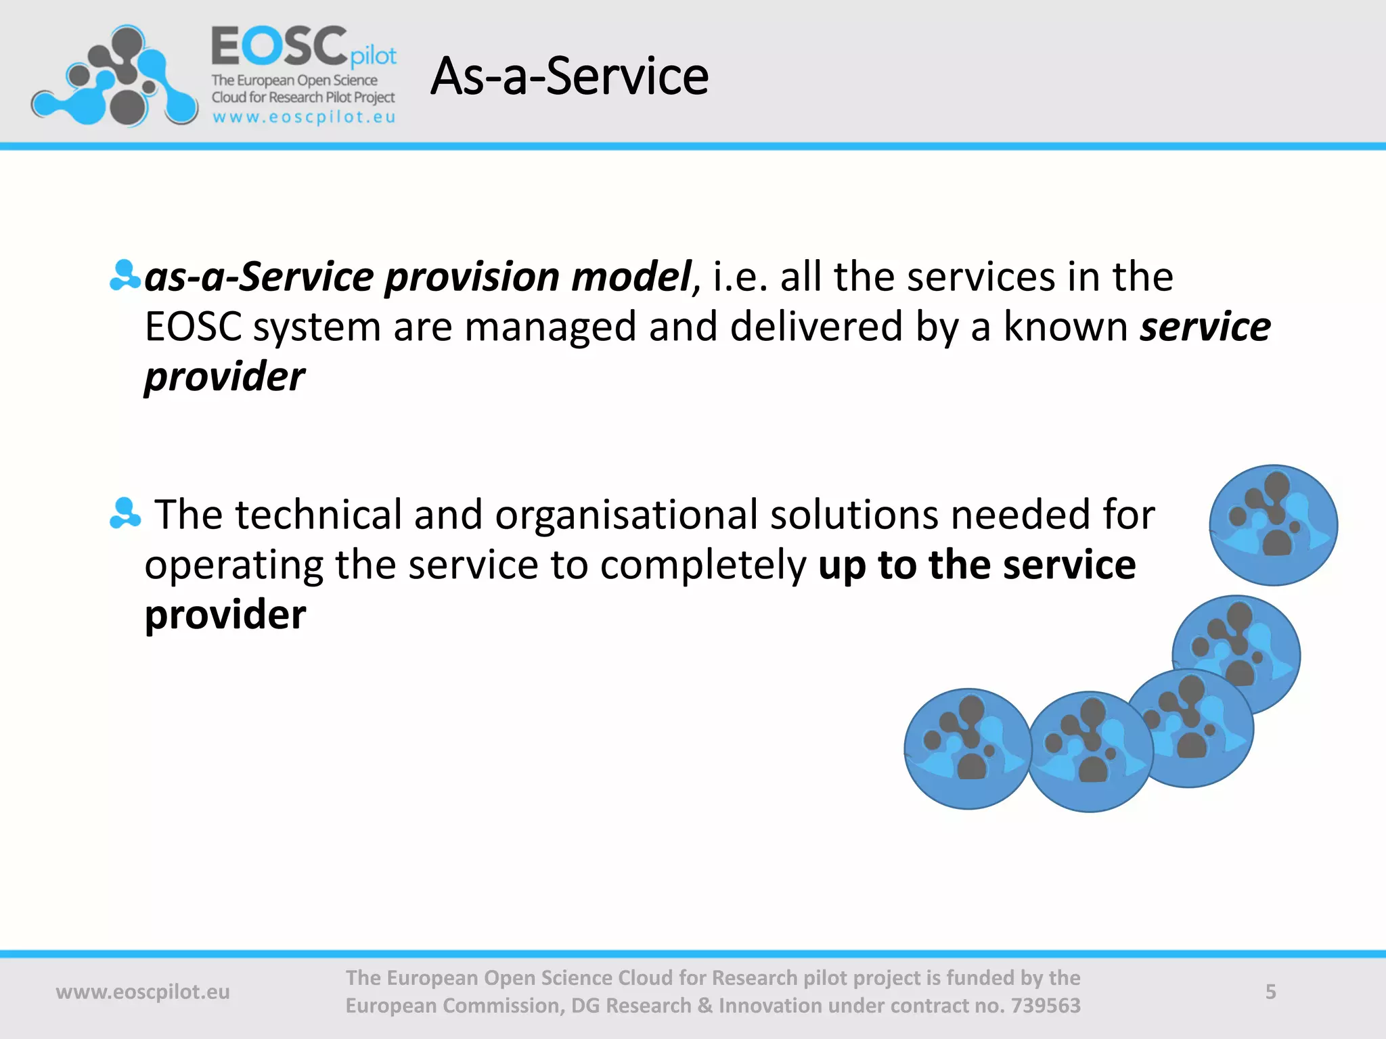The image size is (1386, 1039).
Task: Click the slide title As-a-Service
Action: [569, 76]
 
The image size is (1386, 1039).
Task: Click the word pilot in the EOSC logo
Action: [373, 56]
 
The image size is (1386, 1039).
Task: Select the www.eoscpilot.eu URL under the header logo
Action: [304, 117]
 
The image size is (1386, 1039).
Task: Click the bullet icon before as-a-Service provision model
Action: [125, 276]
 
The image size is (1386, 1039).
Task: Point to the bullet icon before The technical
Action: [125, 513]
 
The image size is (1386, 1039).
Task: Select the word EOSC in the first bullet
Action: [194, 327]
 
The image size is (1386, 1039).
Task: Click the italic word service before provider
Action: [1205, 327]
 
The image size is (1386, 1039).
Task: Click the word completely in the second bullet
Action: [703, 565]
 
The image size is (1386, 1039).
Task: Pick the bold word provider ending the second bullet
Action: [225, 615]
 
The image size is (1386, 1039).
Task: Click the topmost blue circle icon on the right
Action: [1273, 525]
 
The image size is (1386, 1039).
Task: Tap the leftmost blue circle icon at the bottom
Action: [968, 749]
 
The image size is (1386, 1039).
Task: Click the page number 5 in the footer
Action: [1270, 992]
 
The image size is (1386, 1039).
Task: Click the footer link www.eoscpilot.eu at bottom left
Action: [143, 992]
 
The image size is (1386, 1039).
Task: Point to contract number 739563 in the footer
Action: [1045, 1006]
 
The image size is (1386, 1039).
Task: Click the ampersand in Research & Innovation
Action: [705, 1006]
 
